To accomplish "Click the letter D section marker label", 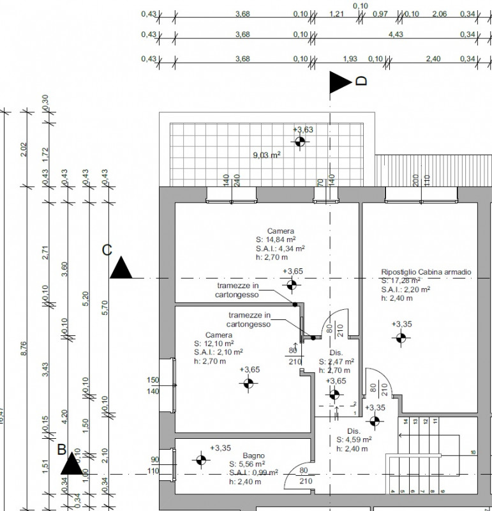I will coord(361,81).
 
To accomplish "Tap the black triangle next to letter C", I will coord(121,269).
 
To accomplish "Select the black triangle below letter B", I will coord(72,465).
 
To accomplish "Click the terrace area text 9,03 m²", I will coord(267,153).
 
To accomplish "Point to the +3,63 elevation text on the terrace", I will coord(303,130).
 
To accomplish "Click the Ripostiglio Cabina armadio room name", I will coord(426,271).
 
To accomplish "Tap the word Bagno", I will coord(253,455).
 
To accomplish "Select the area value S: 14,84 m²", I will coord(281,240).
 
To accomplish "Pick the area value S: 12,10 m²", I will coord(219,343).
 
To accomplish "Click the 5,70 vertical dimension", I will coord(105,308).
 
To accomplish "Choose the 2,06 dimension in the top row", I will coord(438,13).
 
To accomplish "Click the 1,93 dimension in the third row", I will coord(350,59).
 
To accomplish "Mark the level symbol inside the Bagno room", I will coord(201,459).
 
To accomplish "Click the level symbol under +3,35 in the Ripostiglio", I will coord(401,339).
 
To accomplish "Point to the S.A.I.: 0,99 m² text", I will coord(253,472).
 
